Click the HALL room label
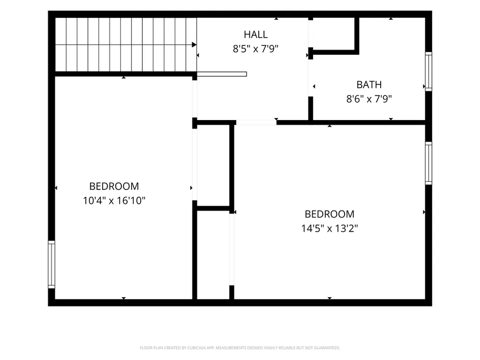click(256, 35)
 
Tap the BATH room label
click(369, 84)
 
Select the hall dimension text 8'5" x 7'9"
click(256, 48)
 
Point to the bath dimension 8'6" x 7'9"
click(369, 99)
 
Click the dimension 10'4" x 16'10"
click(114, 201)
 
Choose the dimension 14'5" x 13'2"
click(329, 228)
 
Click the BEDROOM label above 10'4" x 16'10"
click(114, 186)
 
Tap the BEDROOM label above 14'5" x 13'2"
click(329, 214)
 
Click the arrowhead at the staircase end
click(194, 45)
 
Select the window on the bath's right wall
click(429, 72)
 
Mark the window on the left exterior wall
click(51, 264)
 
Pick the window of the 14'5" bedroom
click(429, 163)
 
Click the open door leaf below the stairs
click(222, 74)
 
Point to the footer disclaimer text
click(240, 348)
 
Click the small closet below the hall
click(213, 166)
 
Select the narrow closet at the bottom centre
click(213, 255)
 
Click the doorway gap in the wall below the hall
click(256, 122)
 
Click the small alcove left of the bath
click(334, 34)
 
